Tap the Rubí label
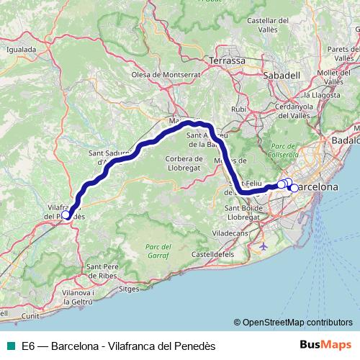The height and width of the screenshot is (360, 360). click(x=239, y=109)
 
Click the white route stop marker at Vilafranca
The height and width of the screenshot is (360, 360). click(x=66, y=214)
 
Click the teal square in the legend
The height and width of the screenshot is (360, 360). click(x=10, y=346)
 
